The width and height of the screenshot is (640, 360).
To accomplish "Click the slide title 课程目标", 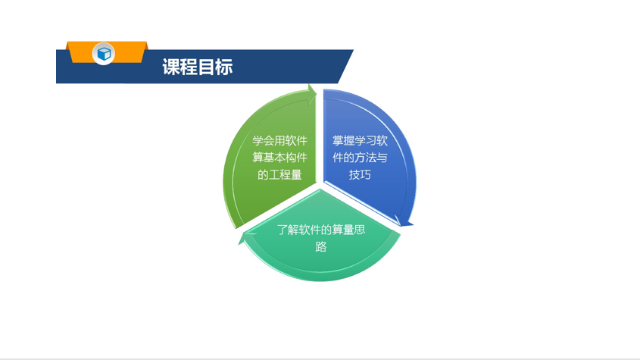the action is coord(198,67).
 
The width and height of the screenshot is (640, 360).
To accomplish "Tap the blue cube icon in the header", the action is coord(104,54).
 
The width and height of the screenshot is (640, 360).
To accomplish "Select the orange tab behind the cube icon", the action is coord(107,52).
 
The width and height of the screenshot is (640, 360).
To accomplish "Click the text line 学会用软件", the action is coord(279,140).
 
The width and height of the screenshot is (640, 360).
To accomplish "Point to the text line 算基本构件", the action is coord(279,158).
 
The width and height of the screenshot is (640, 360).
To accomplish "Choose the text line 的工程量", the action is coord(279,175).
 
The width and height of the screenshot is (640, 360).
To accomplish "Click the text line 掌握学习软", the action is coord(360,140).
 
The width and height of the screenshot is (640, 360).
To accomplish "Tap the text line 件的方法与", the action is coord(360,158).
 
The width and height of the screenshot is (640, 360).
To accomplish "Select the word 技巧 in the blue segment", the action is coord(360,175).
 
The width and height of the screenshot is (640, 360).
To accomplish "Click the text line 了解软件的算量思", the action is coord(321,230).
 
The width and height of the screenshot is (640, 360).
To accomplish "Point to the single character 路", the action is coord(321,247).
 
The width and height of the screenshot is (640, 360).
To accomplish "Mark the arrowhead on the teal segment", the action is coord(247,237).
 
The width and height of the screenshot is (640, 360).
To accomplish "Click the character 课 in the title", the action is coord(170,67).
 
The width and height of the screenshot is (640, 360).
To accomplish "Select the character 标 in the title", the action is coord(224,67).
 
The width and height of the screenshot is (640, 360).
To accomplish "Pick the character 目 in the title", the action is coord(207,67).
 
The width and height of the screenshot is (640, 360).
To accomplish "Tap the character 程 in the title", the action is coord(189,67).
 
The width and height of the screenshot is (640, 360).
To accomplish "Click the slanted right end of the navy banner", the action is coord(345,66).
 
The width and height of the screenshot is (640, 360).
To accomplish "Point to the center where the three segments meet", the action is coord(320,186).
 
